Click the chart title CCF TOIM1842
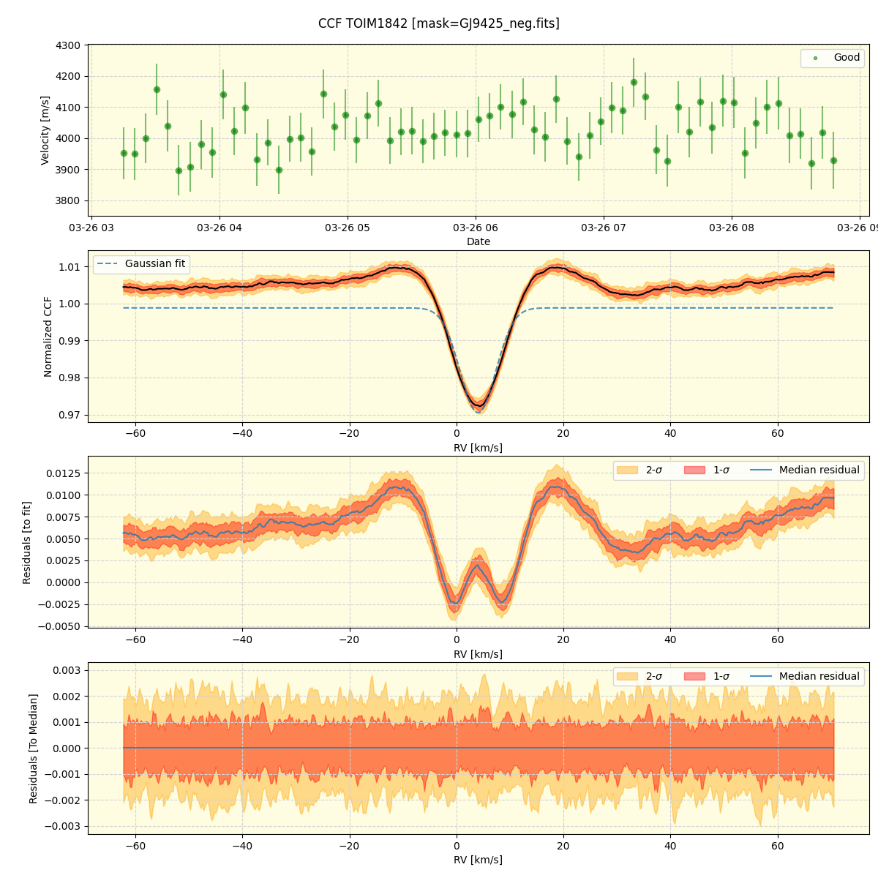click(x=438, y=23)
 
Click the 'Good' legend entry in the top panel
click(x=847, y=58)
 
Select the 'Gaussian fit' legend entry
click(x=154, y=264)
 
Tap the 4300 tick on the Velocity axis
click(x=68, y=45)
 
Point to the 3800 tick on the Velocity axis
click(x=68, y=200)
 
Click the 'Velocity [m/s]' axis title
click(x=45, y=130)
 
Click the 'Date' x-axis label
click(x=479, y=241)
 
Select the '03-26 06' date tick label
click(x=476, y=228)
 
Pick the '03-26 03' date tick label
click(x=91, y=228)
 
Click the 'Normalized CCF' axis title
click(x=48, y=337)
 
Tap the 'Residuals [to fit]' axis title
click(x=27, y=542)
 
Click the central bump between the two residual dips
click(x=479, y=565)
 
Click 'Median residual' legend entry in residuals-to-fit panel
click(x=819, y=470)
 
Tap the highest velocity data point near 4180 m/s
click(x=634, y=82)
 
